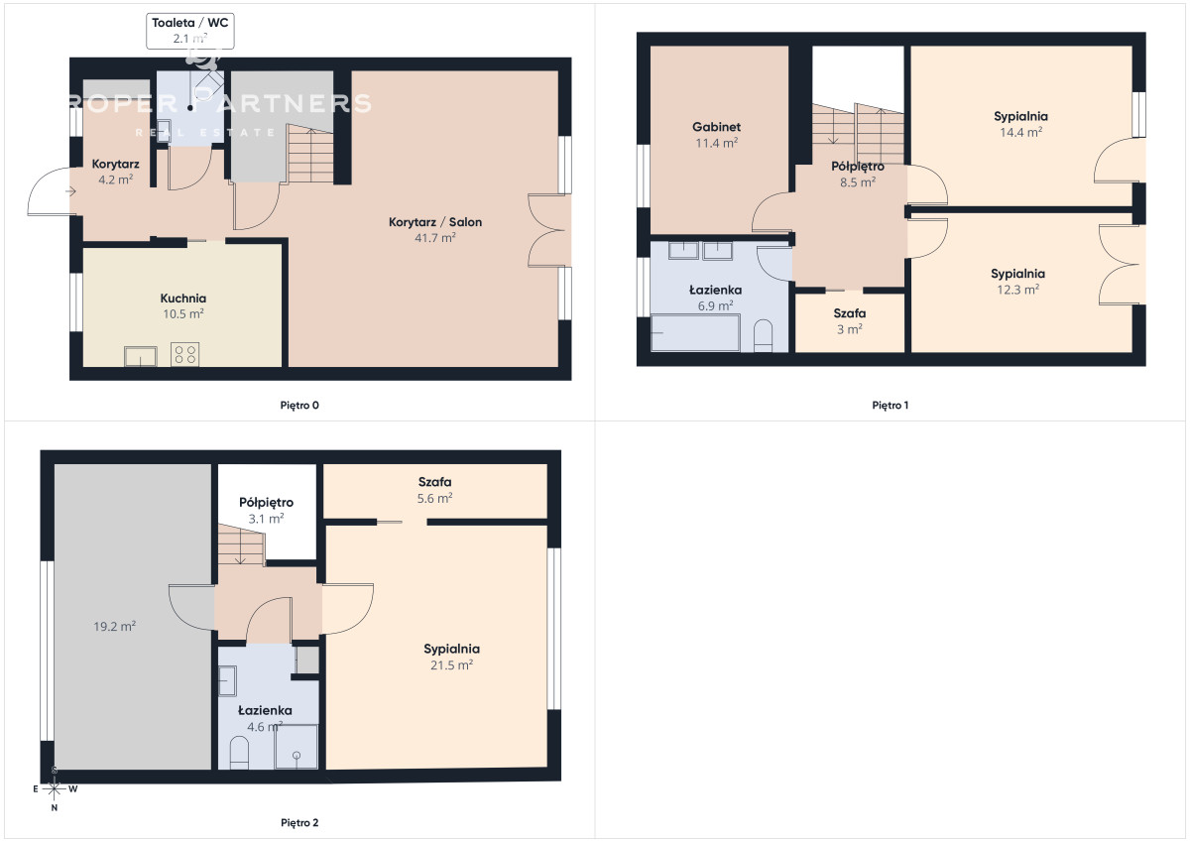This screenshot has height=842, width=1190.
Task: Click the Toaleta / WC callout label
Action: [x=189, y=31]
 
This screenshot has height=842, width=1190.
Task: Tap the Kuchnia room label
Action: [x=183, y=299]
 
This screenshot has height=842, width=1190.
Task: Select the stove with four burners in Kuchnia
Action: [x=184, y=354]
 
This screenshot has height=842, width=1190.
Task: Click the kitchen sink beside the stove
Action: [x=140, y=356]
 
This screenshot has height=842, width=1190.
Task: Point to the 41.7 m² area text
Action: [x=435, y=237]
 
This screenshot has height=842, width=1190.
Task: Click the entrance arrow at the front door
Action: [x=70, y=191]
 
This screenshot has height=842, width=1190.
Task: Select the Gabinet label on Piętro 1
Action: [x=716, y=127]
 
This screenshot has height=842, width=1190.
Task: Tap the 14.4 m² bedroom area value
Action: [x=1020, y=132]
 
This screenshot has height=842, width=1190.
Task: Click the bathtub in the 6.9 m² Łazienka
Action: [x=695, y=332]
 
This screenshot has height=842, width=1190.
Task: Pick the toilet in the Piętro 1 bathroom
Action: [x=763, y=336]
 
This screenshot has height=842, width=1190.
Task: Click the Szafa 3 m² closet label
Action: [x=850, y=321]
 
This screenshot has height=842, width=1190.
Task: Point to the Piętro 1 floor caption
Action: [x=891, y=406]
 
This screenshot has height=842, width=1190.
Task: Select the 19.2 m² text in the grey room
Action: [x=115, y=627]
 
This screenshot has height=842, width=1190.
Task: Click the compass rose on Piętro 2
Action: [x=55, y=788]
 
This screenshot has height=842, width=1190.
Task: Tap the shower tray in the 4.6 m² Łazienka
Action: [x=296, y=747]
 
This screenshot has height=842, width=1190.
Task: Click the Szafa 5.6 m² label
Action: [x=434, y=490]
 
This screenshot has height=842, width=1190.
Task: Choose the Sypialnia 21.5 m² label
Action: [x=451, y=657]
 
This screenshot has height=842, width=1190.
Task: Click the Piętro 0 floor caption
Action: [x=299, y=406]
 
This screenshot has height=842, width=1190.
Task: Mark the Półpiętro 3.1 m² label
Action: [x=266, y=510]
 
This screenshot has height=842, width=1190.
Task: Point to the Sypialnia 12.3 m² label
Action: [x=1017, y=282]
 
